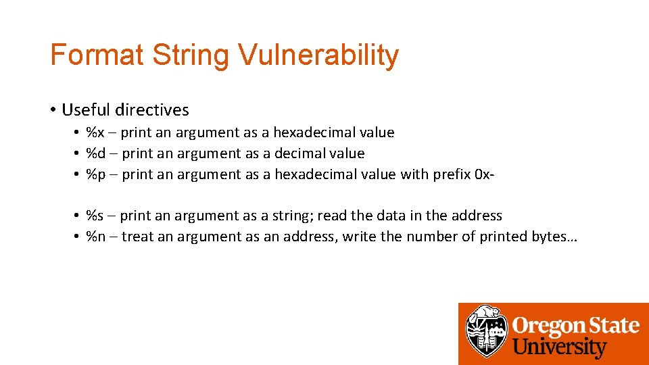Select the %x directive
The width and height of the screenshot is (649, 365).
click(x=95, y=132)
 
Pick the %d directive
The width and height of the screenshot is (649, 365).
click(x=96, y=153)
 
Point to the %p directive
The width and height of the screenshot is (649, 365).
click(x=96, y=174)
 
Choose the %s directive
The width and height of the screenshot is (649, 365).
click(x=95, y=216)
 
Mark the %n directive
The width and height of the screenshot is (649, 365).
click(x=96, y=237)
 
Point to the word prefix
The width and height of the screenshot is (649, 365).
click(x=452, y=174)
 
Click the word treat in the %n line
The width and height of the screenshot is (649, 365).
click(x=138, y=237)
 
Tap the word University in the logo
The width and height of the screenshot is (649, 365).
click(x=558, y=348)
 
